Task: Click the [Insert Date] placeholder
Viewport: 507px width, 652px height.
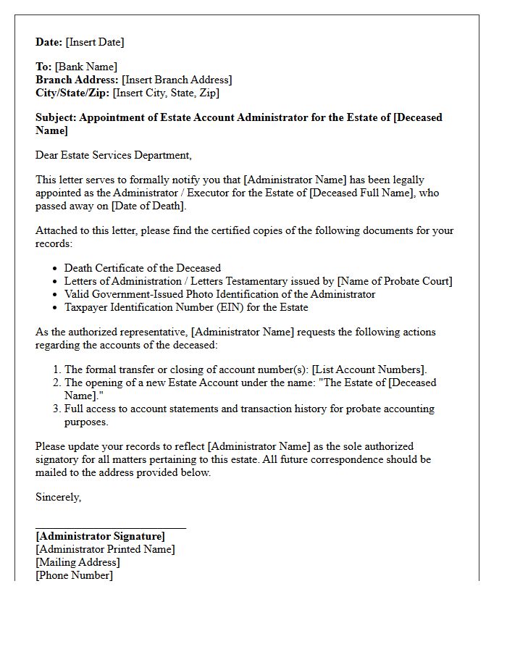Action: pyautogui.click(x=95, y=42)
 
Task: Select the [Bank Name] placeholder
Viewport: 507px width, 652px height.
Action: pyautogui.click(x=85, y=67)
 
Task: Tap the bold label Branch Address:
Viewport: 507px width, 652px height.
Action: pyautogui.click(x=77, y=80)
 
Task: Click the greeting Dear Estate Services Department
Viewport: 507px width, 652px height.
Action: pyautogui.click(x=114, y=155)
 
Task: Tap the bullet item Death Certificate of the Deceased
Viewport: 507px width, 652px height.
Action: pyautogui.click(x=143, y=268)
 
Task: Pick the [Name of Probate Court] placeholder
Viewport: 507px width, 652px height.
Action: pyautogui.click(x=395, y=281)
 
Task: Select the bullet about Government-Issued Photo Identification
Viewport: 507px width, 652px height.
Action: pyautogui.click(x=219, y=294)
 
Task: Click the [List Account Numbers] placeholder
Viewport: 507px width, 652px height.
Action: pyautogui.click(x=369, y=369)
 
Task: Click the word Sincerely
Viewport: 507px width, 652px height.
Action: pyautogui.click(x=58, y=497)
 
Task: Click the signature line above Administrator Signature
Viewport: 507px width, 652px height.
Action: pyautogui.click(x=111, y=528)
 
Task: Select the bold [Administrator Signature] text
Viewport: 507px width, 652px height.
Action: pyautogui.click(x=100, y=536)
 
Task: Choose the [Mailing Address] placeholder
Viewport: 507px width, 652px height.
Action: pyautogui.click(x=77, y=562)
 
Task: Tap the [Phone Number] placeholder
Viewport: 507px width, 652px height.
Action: pyautogui.click(x=74, y=575)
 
